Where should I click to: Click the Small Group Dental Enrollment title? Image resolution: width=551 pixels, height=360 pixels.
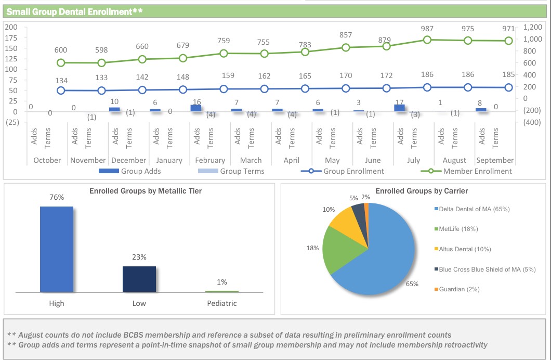(75, 11)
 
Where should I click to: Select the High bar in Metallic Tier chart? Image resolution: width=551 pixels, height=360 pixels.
(57, 249)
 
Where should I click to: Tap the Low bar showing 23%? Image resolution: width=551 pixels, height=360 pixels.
(139, 279)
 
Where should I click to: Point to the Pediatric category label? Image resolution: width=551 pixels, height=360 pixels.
(222, 303)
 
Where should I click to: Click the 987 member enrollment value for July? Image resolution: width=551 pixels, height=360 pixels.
(427, 28)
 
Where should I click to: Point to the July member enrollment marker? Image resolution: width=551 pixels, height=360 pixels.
(427, 40)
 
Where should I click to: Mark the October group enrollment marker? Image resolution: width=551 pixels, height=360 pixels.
(61, 90)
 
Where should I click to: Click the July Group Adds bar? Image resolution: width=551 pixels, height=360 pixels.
(399, 108)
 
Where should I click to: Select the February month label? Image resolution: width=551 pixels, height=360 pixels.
(210, 160)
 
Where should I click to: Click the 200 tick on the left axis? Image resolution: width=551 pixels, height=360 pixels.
(11, 27)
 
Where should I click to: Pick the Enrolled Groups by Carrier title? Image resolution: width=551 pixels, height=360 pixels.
(414, 191)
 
